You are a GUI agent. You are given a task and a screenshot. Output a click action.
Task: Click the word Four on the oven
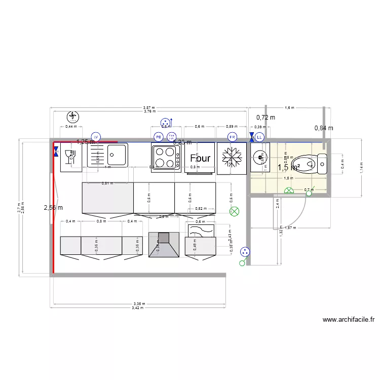click(200, 159)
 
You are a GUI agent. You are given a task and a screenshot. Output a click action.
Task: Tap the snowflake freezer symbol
click(232, 158)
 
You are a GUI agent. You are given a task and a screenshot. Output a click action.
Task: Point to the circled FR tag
click(233, 137)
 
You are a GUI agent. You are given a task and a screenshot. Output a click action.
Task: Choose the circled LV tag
click(96, 137)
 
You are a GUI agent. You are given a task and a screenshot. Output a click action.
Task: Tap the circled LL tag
click(259, 137)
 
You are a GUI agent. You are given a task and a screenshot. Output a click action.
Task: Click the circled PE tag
click(159, 137)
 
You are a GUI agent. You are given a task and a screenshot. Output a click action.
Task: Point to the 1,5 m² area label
click(289, 167)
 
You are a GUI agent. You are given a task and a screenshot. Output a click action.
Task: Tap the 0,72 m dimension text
click(265, 117)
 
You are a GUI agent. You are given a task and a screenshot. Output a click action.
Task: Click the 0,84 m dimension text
click(324, 128)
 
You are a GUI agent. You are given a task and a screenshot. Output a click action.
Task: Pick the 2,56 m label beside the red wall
click(53, 207)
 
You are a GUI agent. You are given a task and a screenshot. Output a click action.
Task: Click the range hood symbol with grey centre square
click(163, 244)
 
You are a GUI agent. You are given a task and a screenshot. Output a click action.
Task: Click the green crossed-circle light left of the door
click(234, 211)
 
